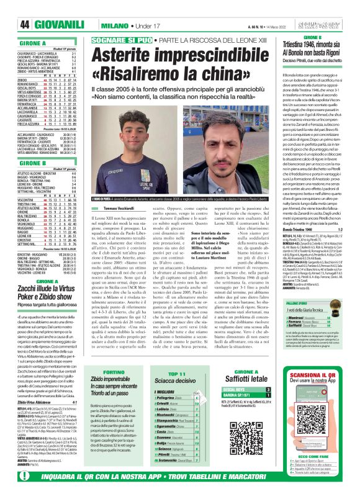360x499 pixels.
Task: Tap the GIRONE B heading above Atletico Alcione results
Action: pos(29,164)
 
